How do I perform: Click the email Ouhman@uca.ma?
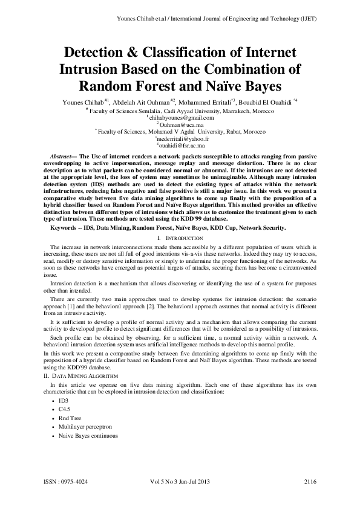(x=180, y=125)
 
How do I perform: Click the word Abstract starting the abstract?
(x=61, y=156)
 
